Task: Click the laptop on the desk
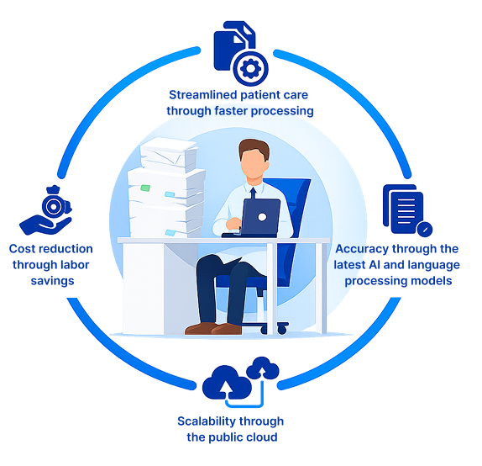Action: pos(261,217)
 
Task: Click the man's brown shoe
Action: pos(202,326)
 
